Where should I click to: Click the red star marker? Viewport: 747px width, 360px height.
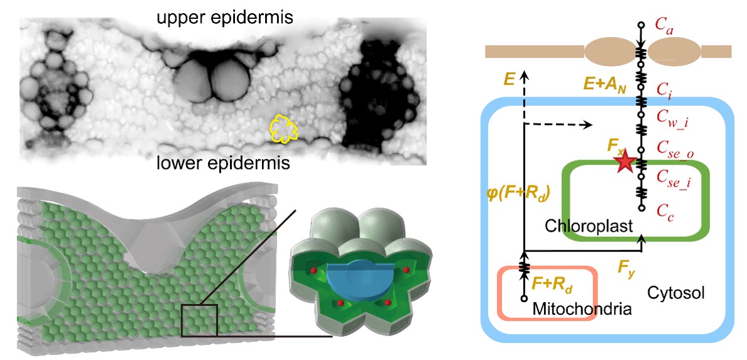click(624, 163)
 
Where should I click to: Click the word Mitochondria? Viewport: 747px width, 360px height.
click(581, 308)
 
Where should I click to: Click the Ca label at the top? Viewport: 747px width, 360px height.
click(663, 27)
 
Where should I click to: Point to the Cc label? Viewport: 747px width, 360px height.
click(663, 211)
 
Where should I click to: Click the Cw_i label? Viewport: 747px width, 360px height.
click(670, 117)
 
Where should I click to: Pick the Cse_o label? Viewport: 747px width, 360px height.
click(673, 149)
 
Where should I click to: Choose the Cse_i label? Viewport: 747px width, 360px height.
click(672, 181)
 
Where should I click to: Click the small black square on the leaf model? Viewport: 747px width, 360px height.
click(199, 320)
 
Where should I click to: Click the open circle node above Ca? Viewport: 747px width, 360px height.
click(641, 25)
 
